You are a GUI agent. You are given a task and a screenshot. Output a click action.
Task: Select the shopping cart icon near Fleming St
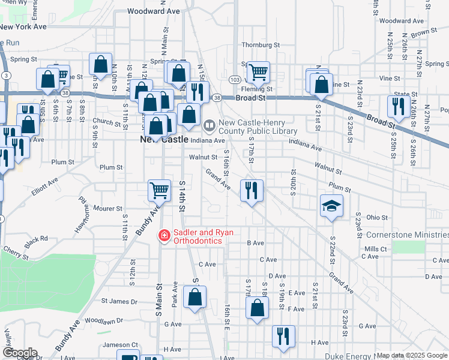pos(258,73)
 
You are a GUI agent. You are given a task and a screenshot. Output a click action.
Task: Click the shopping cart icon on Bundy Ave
pos(160,191)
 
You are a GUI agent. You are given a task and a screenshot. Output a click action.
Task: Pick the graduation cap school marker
pos(331,206)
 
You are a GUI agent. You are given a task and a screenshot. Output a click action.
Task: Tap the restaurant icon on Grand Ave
pos(252,191)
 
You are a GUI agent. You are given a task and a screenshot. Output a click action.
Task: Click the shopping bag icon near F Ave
pos(257,308)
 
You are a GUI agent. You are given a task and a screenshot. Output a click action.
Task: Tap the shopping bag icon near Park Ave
pos(194,296)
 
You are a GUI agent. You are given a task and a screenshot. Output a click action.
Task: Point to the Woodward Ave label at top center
pos(154,11)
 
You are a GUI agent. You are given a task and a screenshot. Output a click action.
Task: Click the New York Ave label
pos(23,27)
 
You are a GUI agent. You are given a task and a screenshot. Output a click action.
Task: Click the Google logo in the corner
pos(20,352)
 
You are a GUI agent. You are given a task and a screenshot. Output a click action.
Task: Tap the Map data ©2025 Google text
pos(412,355)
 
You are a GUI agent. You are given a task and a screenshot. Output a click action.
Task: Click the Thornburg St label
pos(261,45)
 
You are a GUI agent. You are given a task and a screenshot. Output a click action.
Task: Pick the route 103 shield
pos(235,80)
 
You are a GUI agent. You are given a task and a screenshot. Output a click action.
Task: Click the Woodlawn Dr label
pos(103,320)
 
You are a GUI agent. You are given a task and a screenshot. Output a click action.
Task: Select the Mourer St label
pos(108,209)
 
